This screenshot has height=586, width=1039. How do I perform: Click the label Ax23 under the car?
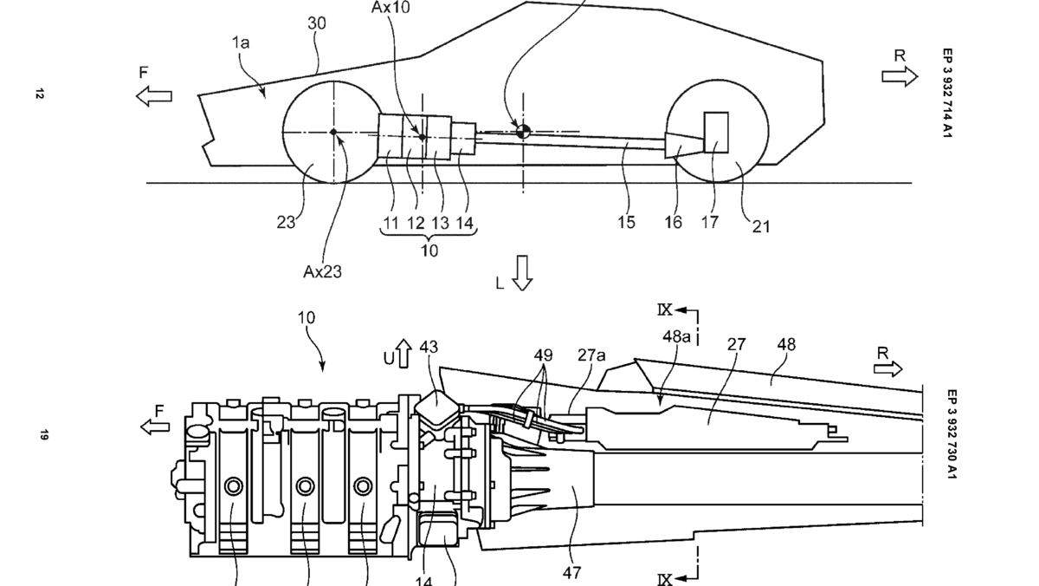[x=322, y=271]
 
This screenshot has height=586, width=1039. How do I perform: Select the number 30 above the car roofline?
[x=317, y=24]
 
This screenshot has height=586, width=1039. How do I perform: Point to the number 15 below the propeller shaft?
[x=626, y=223]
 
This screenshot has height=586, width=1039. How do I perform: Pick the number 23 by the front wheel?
[x=287, y=222]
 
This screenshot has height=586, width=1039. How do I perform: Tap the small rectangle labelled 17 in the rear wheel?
[x=716, y=132]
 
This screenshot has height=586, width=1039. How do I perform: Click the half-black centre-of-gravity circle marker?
[x=523, y=131]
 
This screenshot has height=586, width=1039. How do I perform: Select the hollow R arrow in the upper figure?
[x=900, y=77]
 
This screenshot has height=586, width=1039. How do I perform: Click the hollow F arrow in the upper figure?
[x=154, y=96]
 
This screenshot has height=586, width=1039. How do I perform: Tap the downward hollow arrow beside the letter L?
[x=522, y=271]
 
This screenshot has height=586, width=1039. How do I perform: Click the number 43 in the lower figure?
[x=429, y=348]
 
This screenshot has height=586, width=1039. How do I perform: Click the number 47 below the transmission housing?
[x=571, y=571]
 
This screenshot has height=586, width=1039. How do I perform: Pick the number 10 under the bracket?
[x=429, y=251]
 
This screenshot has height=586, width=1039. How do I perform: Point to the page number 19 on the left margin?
[x=40, y=435]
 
